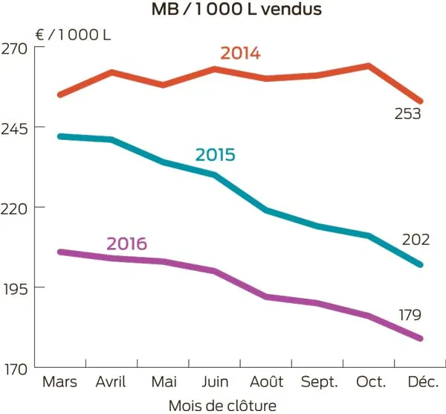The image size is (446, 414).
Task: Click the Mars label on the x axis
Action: [60, 382]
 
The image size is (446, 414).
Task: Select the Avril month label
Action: [111, 382]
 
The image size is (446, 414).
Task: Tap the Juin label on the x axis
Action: [214, 382]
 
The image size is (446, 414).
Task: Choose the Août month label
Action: [266, 382]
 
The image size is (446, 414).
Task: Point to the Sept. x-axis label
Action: [319, 382]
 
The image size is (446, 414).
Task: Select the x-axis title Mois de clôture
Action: [223, 405]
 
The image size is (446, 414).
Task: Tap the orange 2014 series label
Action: [239, 54]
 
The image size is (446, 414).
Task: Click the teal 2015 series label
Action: [215, 155]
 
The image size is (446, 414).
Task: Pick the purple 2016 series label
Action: [126, 243]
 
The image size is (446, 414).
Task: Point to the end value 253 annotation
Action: [407, 114]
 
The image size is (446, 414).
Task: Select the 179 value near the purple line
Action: [410, 315]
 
